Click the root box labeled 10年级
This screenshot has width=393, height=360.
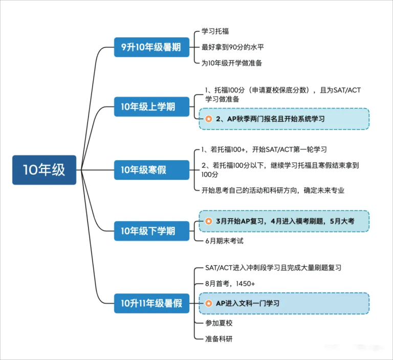[x=44, y=170]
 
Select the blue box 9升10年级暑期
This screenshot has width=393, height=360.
[x=151, y=47]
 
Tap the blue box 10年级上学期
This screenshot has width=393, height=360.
[x=151, y=107]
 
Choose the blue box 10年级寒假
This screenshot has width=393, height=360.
[x=151, y=170]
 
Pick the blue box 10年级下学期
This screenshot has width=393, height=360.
[x=151, y=231]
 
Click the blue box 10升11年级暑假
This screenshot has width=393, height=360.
[x=151, y=303]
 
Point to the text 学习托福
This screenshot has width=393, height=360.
[x=215, y=31]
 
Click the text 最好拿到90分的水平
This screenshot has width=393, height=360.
[x=233, y=47]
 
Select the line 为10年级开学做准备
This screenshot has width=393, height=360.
[x=232, y=63]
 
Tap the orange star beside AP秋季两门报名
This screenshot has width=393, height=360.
[x=209, y=119]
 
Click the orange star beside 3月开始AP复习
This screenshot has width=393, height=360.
[x=209, y=221]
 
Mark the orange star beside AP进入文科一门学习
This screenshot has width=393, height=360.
[x=209, y=303]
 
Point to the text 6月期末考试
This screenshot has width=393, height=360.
[x=224, y=241]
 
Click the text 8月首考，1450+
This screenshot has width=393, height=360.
[x=230, y=284]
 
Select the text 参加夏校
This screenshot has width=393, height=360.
[x=219, y=323]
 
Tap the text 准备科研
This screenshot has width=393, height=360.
[x=219, y=339]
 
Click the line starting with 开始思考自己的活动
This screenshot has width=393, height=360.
[x=273, y=190]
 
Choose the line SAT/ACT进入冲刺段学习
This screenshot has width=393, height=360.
[x=273, y=268]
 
